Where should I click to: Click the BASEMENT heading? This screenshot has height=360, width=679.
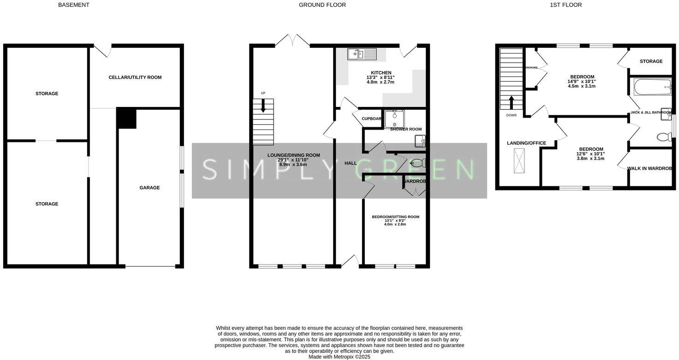click(74, 5)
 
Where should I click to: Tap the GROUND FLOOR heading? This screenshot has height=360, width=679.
click(322, 5)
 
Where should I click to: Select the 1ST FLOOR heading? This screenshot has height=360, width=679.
click(566, 5)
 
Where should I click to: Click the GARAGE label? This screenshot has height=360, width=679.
click(149, 188)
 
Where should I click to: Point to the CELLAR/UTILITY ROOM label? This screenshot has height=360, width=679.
click(135, 77)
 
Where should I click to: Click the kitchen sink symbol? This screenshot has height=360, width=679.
click(362, 54)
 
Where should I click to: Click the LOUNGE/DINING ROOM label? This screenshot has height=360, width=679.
click(293, 155)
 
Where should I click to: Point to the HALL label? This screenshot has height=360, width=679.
click(351, 163)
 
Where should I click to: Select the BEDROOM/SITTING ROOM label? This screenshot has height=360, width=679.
click(395, 217)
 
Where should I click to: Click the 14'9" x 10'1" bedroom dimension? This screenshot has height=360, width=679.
click(582, 82)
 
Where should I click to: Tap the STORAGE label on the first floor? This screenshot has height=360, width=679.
click(651, 61)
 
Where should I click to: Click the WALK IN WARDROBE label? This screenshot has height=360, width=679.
click(649, 169)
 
